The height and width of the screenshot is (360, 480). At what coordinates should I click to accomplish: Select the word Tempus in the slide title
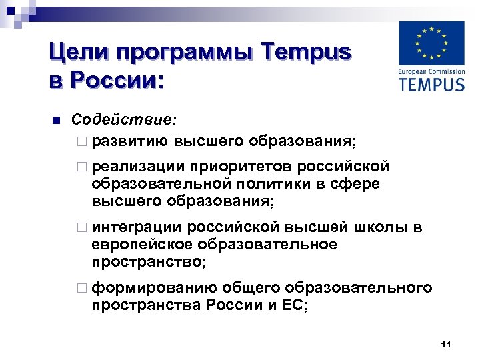coord(304,52)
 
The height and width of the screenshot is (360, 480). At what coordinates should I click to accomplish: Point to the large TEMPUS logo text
coord(431,83)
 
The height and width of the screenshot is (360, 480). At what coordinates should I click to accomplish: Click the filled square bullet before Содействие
coord(56,121)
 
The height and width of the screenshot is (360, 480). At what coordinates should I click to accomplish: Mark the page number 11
coord(446,344)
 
